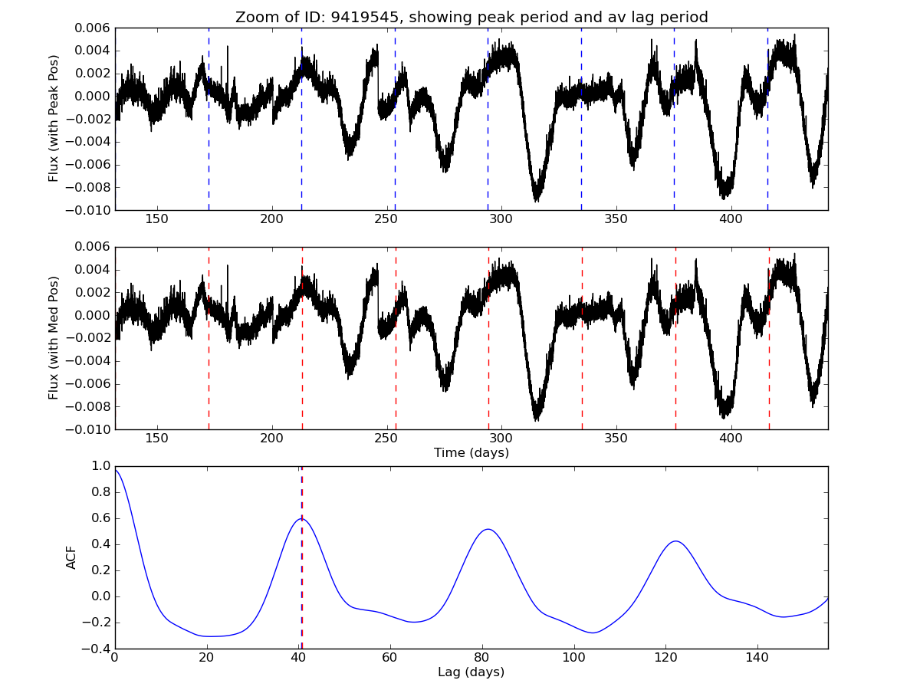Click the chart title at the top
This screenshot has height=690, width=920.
pyautogui.click(x=471, y=17)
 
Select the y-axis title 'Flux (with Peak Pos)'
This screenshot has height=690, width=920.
pyautogui.click(x=54, y=118)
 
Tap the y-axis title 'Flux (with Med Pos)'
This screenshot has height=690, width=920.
pyautogui.click(x=54, y=338)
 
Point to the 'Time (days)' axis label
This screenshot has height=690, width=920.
pyautogui.click(x=471, y=453)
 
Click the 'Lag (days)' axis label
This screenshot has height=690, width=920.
pyautogui.click(x=471, y=672)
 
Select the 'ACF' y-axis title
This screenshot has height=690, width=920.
pyautogui.click(x=72, y=557)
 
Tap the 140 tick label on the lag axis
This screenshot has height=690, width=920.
pyautogui.click(x=757, y=658)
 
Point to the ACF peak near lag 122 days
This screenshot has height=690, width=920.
pyautogui.click(x=675, y=541)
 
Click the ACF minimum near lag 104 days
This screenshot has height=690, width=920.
pyautogui.click(x=593, y=632)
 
